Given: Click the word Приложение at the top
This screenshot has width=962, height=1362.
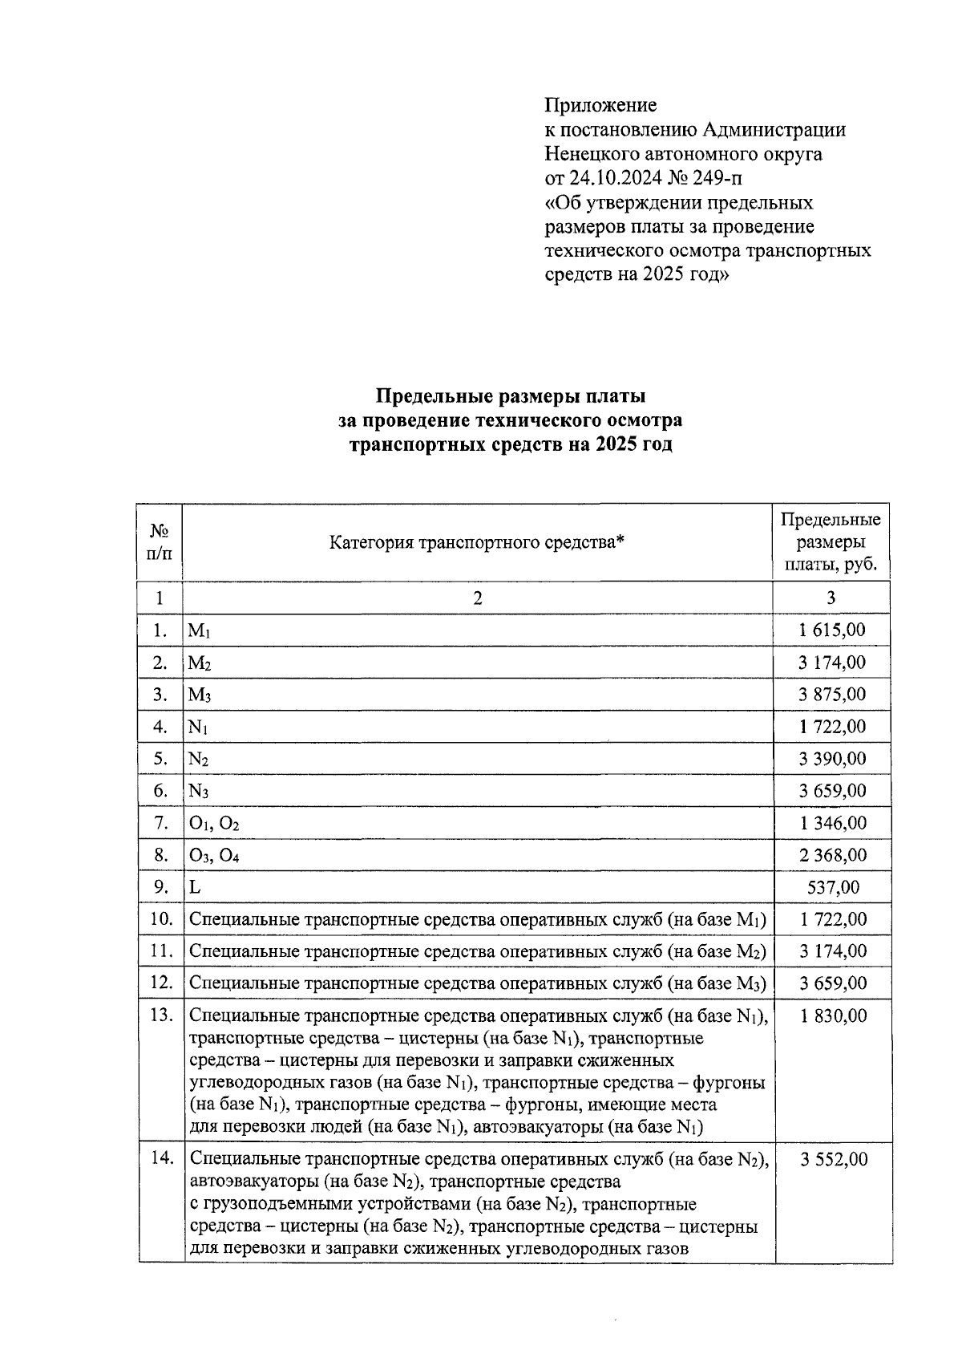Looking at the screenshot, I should pos(600,105).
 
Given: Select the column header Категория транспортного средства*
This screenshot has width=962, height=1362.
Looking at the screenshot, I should pos(477,542).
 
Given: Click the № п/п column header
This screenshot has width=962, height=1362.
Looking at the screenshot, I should pos(160,541).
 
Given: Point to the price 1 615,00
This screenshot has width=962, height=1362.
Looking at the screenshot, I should pos(831,630).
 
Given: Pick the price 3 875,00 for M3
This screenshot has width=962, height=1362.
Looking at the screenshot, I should pos(831,694).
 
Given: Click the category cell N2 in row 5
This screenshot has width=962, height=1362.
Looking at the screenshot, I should pos(199,759).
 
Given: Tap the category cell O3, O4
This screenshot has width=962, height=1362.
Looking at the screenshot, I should pos(214,856).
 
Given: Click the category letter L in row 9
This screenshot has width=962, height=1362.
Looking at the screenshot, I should pos(194,887).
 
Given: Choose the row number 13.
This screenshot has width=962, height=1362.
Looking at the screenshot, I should pos(161,1015).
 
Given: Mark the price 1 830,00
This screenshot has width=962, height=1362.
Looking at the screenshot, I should pos(833,1015).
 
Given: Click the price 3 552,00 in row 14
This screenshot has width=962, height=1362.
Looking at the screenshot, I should pos(833,1159).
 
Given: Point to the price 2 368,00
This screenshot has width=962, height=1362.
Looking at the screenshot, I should pos(832,855).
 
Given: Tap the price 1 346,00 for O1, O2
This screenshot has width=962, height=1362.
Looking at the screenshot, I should pos(832,823).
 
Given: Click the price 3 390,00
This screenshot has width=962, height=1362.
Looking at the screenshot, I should pos(831,759).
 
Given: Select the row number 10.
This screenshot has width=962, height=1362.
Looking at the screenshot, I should pos(161,919).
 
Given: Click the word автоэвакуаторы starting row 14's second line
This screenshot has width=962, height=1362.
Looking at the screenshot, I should pos(255,1182).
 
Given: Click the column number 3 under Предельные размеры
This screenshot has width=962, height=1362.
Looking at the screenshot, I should pos(831,598).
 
